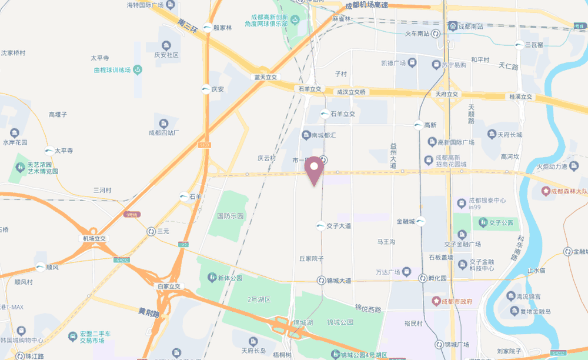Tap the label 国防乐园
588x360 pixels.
(x=230, y=216)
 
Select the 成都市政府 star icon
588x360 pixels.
(x=436, y=301)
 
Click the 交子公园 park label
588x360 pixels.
(x=500, y=222)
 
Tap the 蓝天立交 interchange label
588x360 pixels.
(x=265, y=77)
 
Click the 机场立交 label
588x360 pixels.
(x=94, y=238)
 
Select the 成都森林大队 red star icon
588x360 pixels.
(x=546, y=191)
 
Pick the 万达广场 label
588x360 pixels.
(x=387, y=272)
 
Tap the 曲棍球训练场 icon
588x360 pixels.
(x=138, y=70)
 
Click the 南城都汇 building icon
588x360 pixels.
(x=306, y=136)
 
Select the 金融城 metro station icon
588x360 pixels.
(x=421, y=222)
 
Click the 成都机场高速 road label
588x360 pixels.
(x=366, y=5)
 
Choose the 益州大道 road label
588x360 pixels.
(x=393, y=156)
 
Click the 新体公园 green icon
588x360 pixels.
(x=211, y=277)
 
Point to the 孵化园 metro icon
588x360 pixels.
(x=423, y=278)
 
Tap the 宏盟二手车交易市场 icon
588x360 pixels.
(x=73, y=336)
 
